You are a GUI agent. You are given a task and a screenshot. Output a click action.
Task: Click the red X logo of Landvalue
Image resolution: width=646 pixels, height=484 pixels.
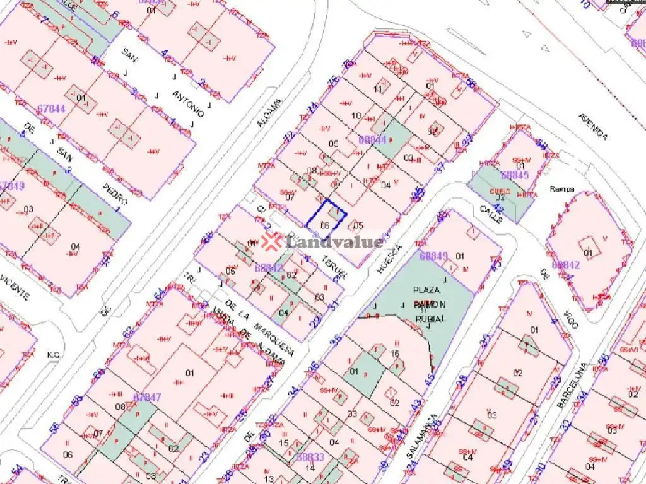click(x=272, y=241)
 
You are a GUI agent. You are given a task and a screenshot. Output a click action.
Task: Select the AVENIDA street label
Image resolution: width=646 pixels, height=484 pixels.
click(x=593, y=127)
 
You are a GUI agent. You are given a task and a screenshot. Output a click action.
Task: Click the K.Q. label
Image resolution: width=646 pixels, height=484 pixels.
click(x=53, y=355)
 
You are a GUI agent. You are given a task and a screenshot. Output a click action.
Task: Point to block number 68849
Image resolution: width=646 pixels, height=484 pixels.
click(x=433, y=256)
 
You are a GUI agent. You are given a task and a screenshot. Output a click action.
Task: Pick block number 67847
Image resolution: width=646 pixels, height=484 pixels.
click(x=148, y=397)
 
